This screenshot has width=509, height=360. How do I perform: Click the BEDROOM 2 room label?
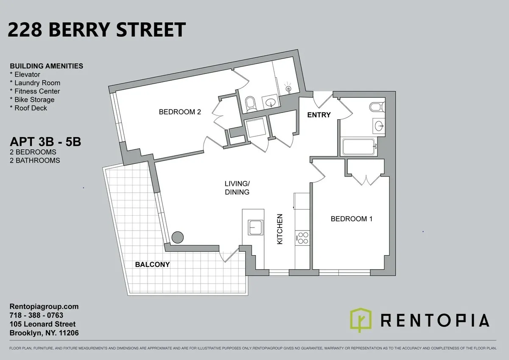click(x=179, y=112)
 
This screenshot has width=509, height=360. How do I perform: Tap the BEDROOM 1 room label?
click(x=351, y=219)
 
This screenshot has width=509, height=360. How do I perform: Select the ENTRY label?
click(x=319, y=115)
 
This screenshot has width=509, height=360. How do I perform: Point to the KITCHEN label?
click(x=280, y=229)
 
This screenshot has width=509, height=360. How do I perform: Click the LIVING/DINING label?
click(x=237, y=188)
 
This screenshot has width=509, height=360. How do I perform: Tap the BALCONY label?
click(x=152, y=264)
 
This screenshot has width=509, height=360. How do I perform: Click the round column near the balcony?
click(x=177, y=237)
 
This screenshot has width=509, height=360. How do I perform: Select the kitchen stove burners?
click(x=302, y=238)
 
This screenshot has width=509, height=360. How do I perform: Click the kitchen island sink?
click(x=255, y=228)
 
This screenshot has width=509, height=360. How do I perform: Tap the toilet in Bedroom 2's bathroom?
click(x=251, y=103)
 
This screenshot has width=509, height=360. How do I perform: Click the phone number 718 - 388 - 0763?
click(x=36, y=315)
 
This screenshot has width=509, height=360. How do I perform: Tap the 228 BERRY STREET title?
click(x=97, y=30)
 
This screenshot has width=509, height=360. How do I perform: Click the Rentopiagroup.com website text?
click(x=44, y=307)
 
